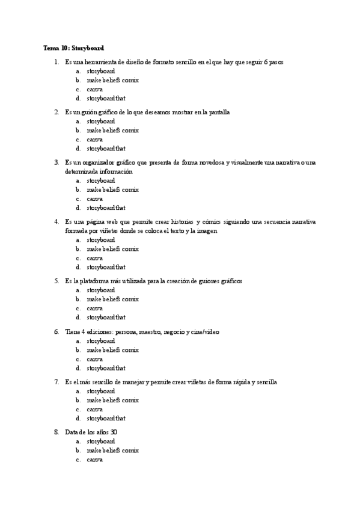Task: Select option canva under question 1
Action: [x=94, y=89]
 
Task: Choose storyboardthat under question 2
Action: [x=106, y=148]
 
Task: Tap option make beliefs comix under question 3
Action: [x=112, y=189]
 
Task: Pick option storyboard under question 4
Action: [x=100, y=239]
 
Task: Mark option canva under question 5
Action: [x=94, y=308]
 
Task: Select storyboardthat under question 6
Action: [x=106, y=367]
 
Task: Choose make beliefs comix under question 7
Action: [x=112, y=400]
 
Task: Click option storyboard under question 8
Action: [x=100, y=441]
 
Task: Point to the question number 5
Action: [x=56, y=281]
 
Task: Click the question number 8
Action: [x=56, y=432]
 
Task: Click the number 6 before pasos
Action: [x=264, y=62]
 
